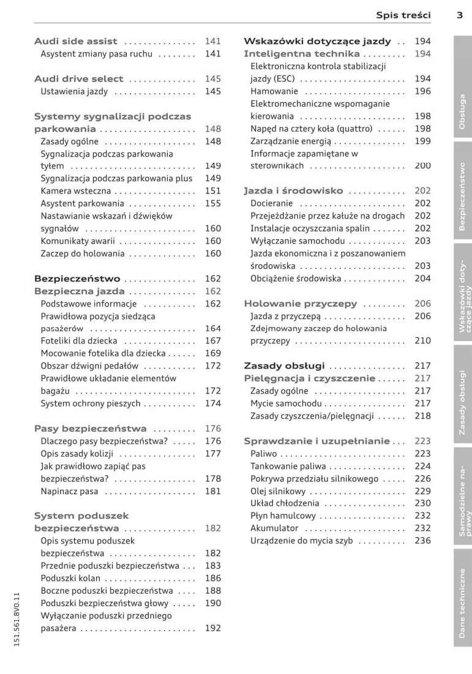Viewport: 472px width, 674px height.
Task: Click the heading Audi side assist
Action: click(x=78, y=42)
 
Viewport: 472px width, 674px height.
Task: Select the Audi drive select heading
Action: click(x=78, y=79)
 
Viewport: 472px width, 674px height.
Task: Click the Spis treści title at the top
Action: click(x=403, y=15)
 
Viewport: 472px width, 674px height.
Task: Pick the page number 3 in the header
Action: click(x=459, y=15)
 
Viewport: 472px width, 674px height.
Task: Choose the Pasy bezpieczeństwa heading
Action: click(x=90, y=429)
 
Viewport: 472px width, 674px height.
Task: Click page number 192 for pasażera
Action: click(x=212, y=628)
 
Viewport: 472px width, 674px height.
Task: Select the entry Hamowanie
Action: click(x=269, y=91)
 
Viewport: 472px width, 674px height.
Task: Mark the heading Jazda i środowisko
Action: click(x=293, y=191)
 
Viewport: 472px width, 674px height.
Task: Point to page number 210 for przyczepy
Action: click(x=422, y=341)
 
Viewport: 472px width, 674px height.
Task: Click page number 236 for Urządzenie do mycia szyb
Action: click(x=422, y=541)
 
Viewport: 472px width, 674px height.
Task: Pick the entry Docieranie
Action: click(x=272, y=203)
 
